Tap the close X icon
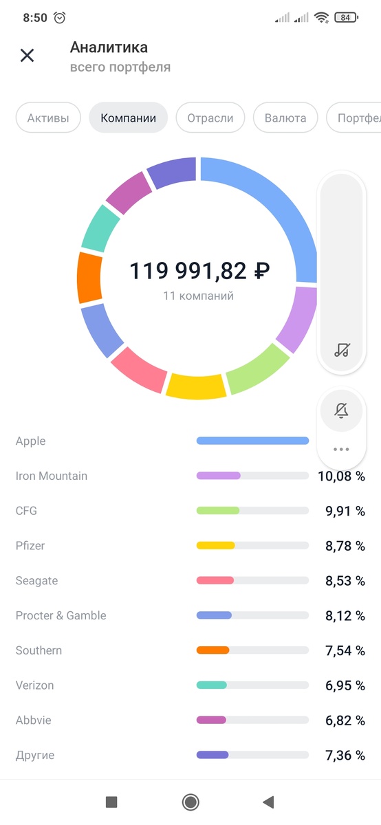point(27,56)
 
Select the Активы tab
point(48,118)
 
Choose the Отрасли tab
point(210,118)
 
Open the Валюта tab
point(285,118)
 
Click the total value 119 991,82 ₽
point(199,271)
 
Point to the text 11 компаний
point(199,296)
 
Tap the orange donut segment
point(89,278)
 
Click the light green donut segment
point(256,368)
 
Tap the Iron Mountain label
point(52,476)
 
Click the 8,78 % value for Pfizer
point(345,546)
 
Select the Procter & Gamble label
point(61,615)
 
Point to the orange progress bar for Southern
point(213,650)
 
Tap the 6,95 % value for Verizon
point(345,685)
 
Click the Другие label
point(35,756)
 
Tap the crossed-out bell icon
point(341,411)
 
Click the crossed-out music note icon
point(342,349)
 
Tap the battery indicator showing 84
point(346,18)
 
